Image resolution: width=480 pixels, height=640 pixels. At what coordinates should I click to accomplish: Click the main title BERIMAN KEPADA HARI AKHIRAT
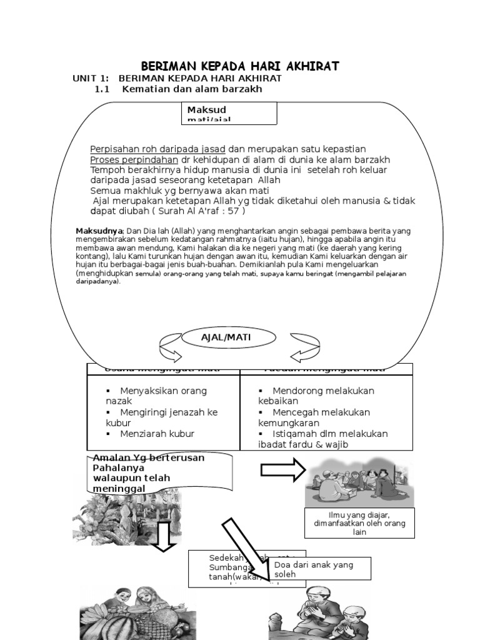(240, 66)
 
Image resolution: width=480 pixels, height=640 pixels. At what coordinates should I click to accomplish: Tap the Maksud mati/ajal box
(231, 114)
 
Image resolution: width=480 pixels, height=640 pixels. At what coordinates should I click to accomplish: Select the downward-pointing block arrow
(164, 537)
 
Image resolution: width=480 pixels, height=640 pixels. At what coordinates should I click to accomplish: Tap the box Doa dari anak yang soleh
(319, 569)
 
